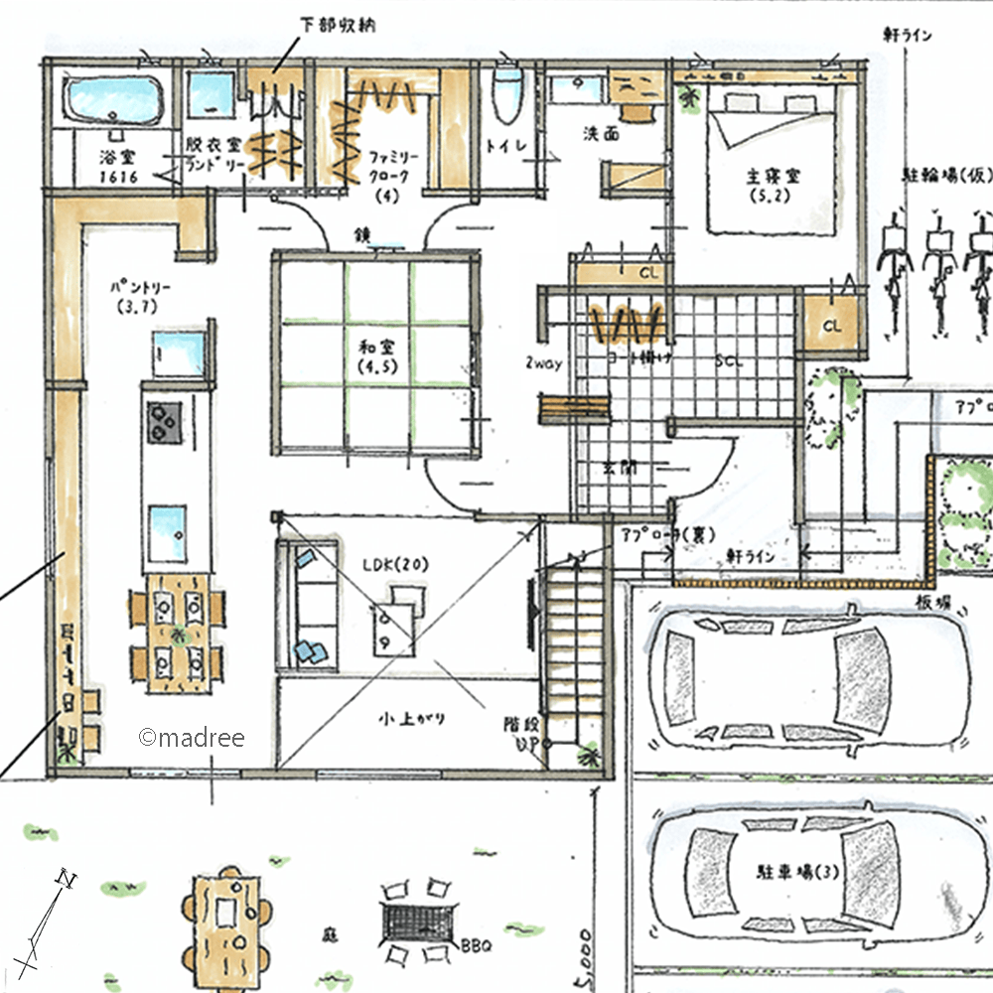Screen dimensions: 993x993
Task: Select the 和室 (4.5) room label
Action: click(373, 355)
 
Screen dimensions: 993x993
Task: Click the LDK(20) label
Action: click(394, 563)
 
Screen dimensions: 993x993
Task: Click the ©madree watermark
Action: click(191, 737)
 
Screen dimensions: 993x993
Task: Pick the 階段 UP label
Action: click(520, 734)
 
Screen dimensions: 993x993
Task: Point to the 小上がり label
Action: click(405, 717)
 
